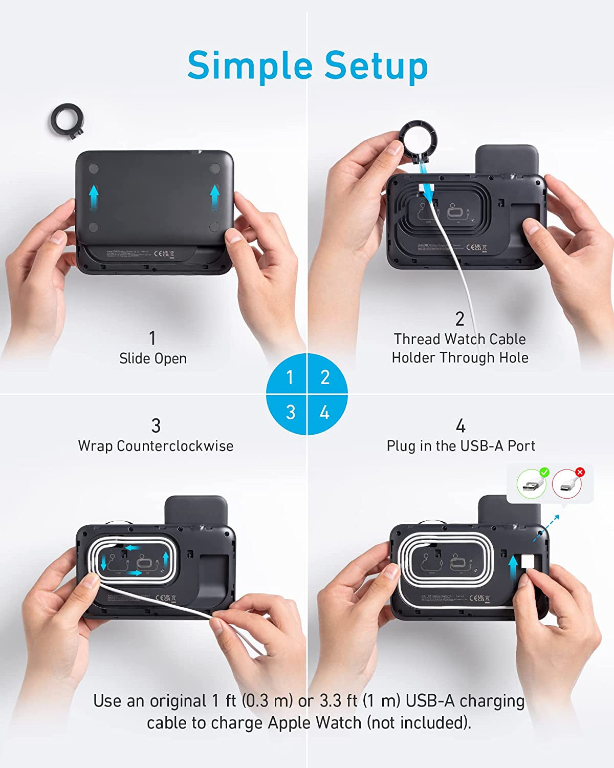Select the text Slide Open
coord(152,358)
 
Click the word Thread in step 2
coord(417,339)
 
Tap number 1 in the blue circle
coord(290,377)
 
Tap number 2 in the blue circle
coord(325,377)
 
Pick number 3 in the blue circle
coord(290,412)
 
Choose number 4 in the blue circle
coord(324,412)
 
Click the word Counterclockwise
coord(175,446)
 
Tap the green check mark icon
coord(544,472)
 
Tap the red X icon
coord(580,472)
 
